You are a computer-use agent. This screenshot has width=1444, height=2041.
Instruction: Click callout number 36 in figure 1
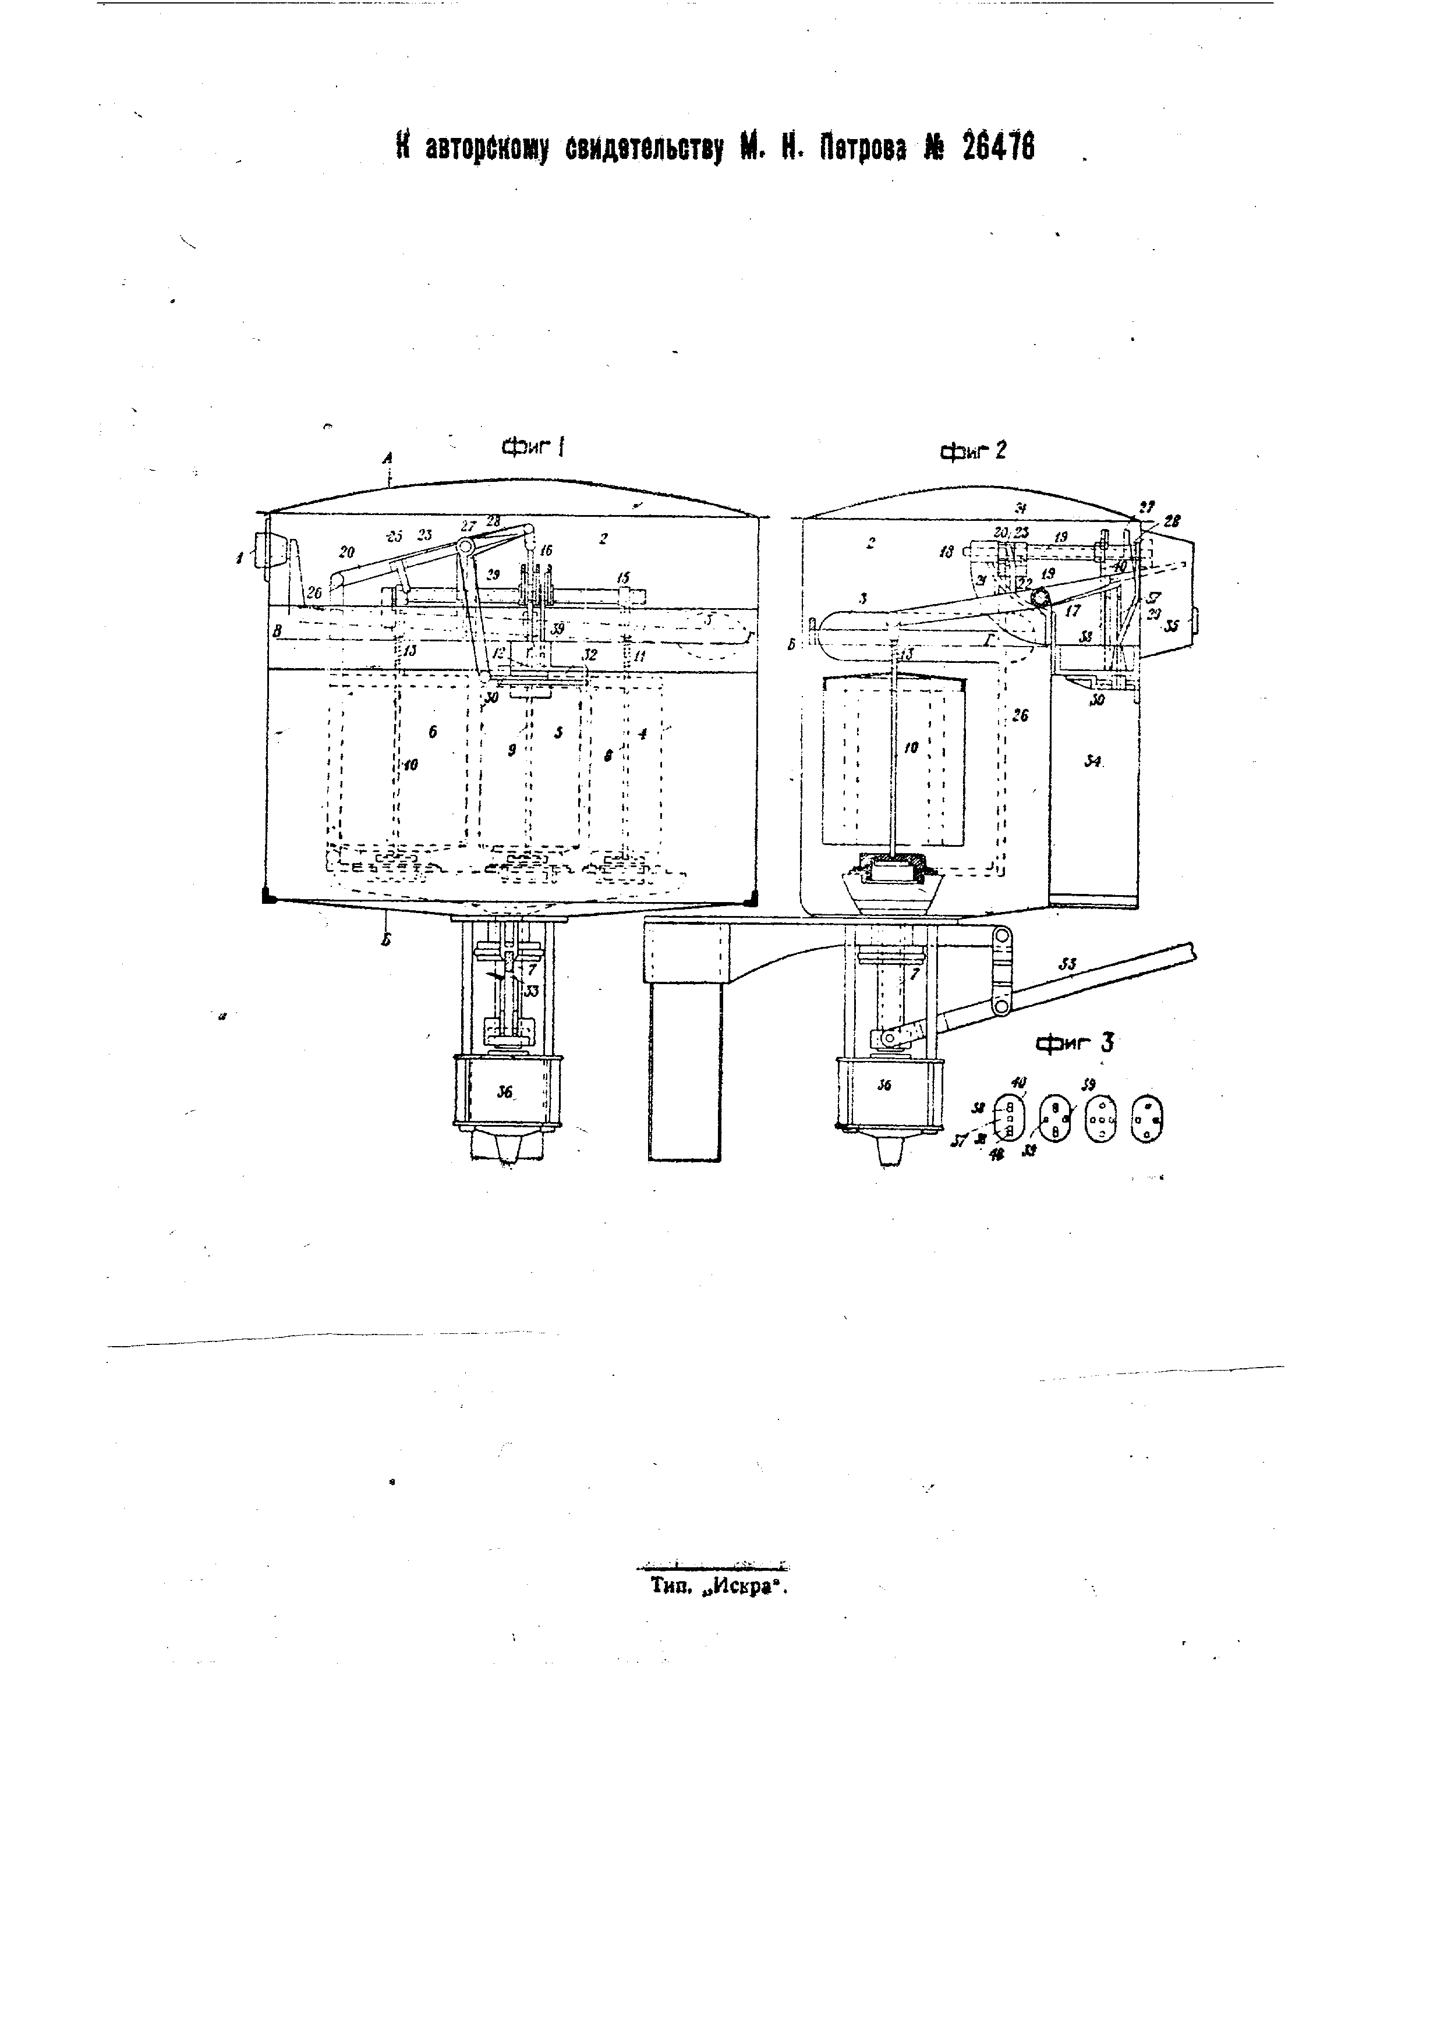coord(505,1092)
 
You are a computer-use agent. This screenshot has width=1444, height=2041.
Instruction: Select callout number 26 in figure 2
coord(1020,714)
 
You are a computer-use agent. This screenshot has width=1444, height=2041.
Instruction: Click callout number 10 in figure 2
coord(911,748)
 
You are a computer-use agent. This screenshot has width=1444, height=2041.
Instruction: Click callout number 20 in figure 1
coord(347,552)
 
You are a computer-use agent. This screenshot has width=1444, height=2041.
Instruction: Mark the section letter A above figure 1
coord(388,457)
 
